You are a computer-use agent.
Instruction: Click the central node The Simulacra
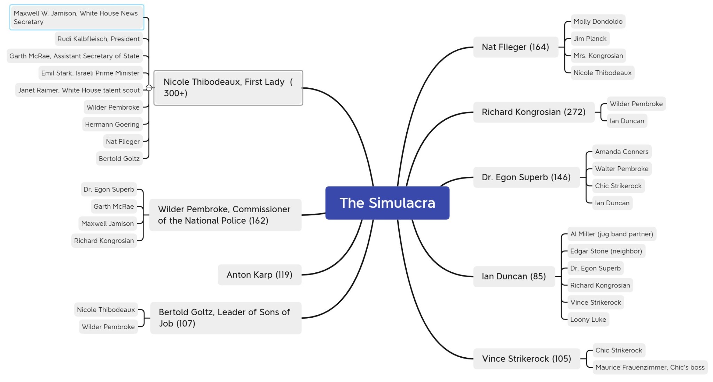click(387, 203)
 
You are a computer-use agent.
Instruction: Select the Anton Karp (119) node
click(259, 275)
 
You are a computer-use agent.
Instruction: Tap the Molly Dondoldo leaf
click(598, 22)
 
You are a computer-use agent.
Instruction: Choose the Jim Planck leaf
click(590, 39)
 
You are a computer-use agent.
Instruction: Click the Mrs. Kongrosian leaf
click(598, 56)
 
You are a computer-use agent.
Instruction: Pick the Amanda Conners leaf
click(621, 152)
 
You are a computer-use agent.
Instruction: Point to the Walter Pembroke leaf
click(621, 169)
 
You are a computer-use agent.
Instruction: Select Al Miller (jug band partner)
click(611, 234)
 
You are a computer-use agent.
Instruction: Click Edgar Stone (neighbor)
click(606, 251)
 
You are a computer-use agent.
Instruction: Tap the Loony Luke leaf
click(588, 319)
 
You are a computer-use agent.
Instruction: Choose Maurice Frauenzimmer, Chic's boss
click(650, 367)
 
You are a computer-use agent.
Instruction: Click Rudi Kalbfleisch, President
click(99, 39)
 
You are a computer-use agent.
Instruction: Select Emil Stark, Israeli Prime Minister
click(90, 73)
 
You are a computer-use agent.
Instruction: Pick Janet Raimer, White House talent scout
click(79, 90)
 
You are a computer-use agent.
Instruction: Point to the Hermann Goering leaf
click(112, 124)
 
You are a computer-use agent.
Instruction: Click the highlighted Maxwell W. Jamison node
click(76, 17)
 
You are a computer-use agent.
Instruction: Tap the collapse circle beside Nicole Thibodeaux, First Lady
click(149, 88)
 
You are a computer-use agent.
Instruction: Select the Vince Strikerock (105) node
click(526, 359)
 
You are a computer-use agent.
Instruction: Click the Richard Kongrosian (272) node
click(533, 112)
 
